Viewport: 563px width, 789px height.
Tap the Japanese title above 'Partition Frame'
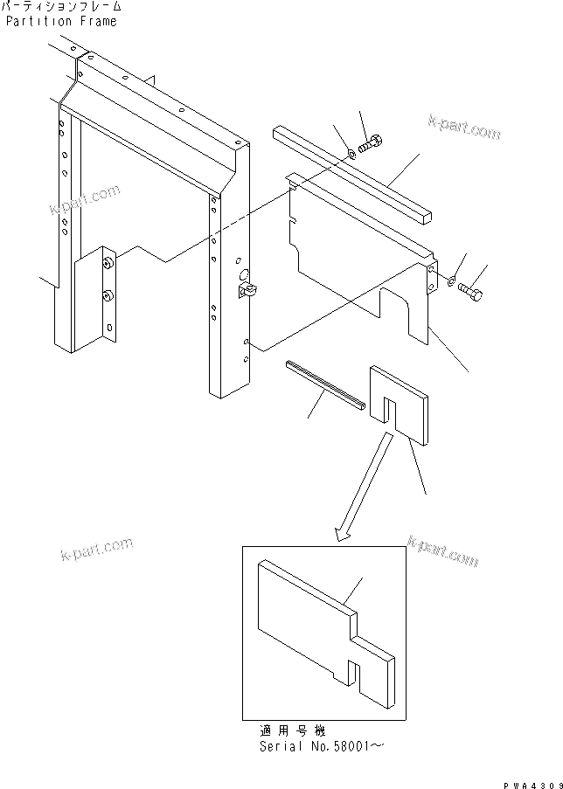[61, 7]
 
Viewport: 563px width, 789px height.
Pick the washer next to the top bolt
[351, 154]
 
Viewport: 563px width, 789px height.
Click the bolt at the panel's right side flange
[470, 291]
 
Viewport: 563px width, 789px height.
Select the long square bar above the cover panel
[354, 173]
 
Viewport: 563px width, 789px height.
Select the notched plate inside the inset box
[323, 629]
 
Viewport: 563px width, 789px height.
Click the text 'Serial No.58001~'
[321, 746]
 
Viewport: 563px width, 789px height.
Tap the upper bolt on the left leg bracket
[107, 262]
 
